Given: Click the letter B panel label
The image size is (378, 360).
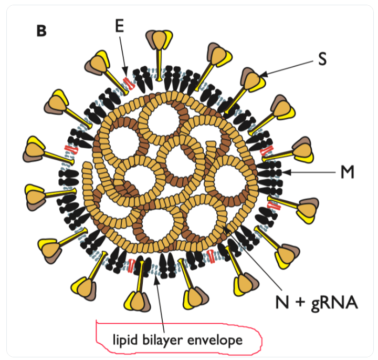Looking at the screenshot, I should (41, 31).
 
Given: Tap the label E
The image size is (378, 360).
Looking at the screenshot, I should (120, 27).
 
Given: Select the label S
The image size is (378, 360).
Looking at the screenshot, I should (322, 59).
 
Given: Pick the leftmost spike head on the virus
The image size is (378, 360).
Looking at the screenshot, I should (36, 149).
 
